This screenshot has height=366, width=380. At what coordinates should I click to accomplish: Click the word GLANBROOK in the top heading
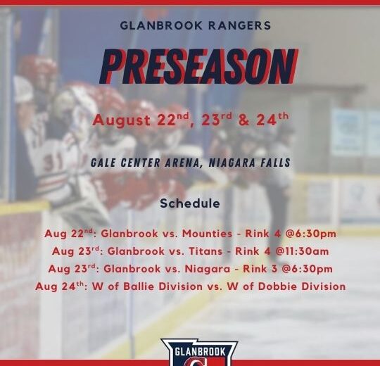tap(161, 25)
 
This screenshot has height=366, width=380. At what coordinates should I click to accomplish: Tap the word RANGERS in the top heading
tap(240, 25)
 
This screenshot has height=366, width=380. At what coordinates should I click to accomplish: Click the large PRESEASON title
tap(198, 66)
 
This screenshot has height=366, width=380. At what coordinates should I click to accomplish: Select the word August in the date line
tap(122, 120)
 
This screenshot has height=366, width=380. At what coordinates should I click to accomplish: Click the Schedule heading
tap(190, 203)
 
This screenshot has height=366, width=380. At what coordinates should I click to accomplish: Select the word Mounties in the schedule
tap(207, 234)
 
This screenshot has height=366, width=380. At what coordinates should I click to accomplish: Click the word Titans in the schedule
tap(205, 251)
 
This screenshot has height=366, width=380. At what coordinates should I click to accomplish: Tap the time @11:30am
tap(302, 251)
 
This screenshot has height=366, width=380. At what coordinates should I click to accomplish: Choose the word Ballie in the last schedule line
tap(139, 286)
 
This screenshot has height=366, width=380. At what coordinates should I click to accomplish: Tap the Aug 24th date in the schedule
tap(60, 286)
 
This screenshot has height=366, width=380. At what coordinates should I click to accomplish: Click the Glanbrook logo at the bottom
tap(199, 353)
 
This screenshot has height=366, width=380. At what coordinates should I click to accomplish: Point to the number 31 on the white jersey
tap(52, 163)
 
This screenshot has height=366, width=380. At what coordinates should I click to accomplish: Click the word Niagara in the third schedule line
tap(208, 269)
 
